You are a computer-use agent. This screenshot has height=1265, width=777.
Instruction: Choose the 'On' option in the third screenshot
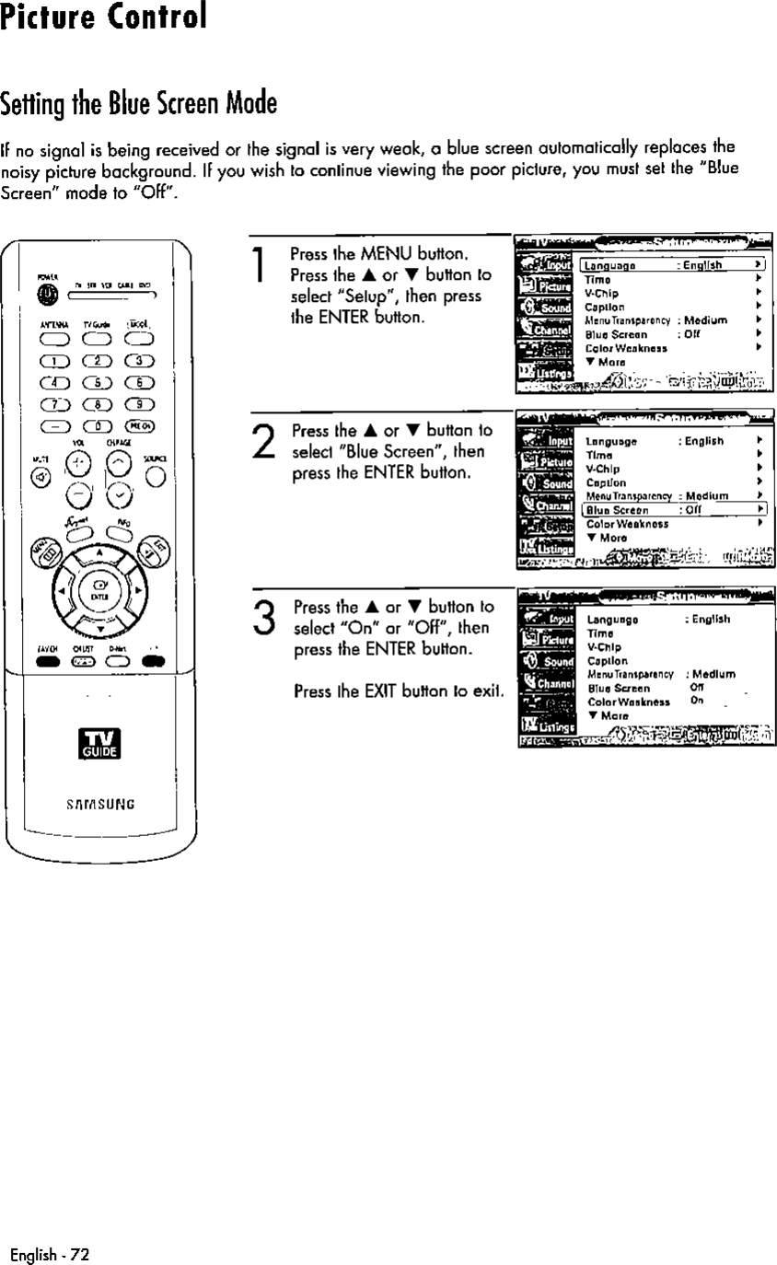pos(696,701)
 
